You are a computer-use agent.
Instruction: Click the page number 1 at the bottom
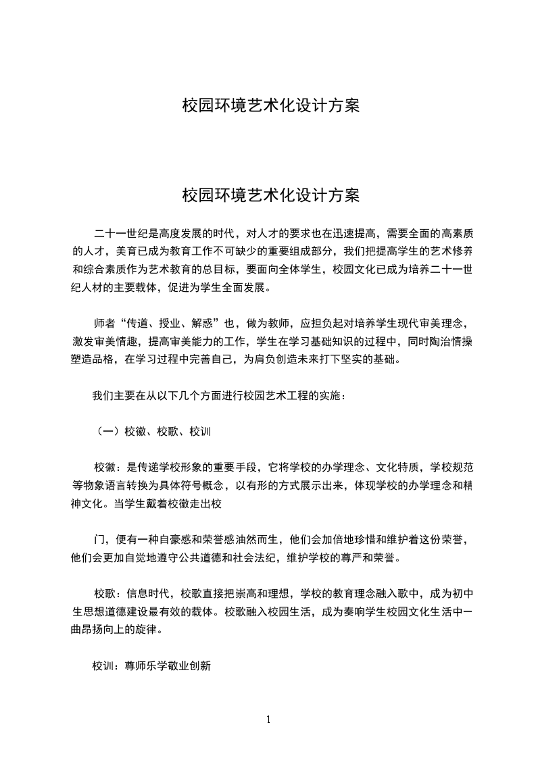click(x=268, y=719)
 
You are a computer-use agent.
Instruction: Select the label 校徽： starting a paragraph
click(x=109, y=466)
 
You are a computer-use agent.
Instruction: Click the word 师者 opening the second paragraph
click(x=104, y=322)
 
